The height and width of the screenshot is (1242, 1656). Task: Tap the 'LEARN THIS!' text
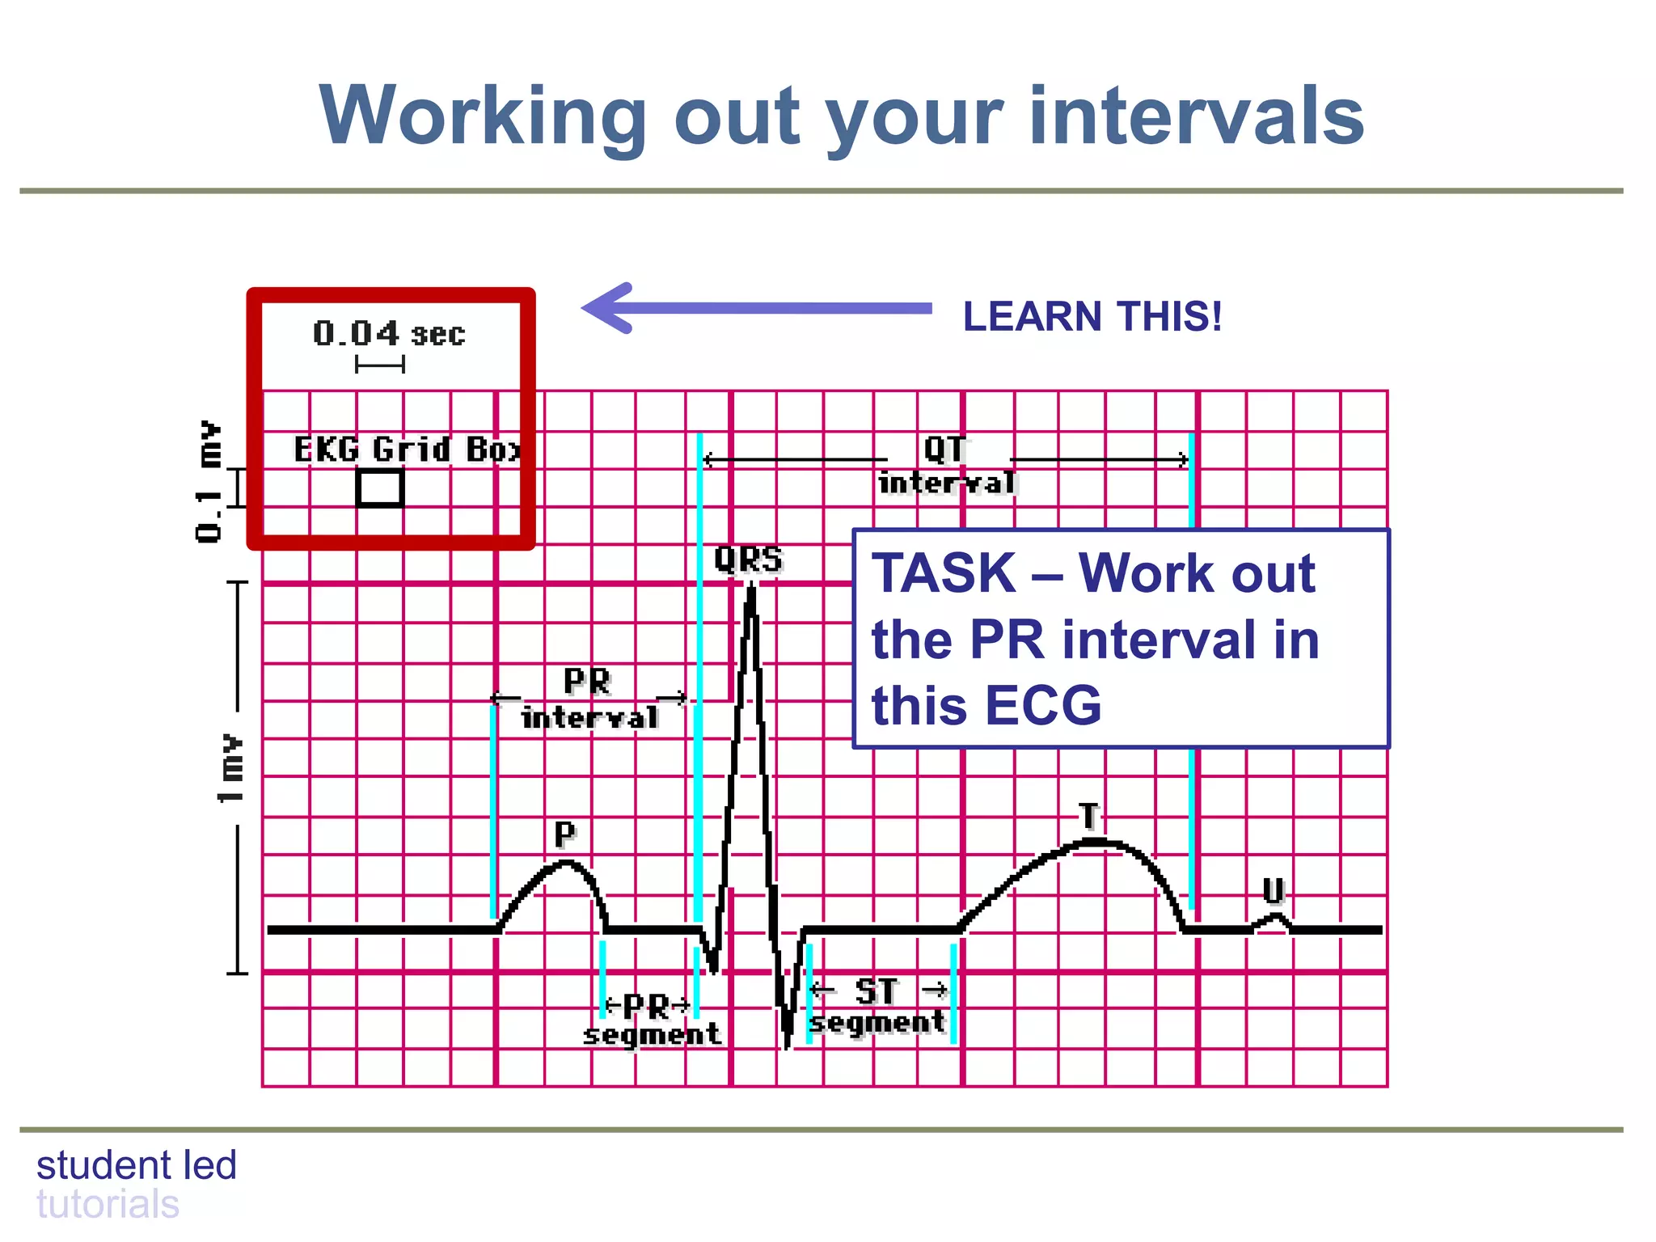(1092, 316)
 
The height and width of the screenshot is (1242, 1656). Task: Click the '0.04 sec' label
(389, 333)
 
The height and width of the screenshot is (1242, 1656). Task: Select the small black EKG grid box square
(380, 488)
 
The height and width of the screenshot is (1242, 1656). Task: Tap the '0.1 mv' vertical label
(209, 481)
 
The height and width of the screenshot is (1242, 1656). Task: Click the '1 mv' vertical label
(230, 768)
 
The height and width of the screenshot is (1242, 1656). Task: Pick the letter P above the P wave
(564, 834)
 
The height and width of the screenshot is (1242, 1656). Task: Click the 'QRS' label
(749, 560)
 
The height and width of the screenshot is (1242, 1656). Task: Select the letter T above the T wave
(1089, 816)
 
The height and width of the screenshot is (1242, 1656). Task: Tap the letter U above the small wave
(1274, 890)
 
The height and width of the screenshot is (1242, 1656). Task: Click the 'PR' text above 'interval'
(587, 681)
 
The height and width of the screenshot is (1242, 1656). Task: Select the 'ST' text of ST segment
(876, 991)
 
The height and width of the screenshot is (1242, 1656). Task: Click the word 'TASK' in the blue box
(944, 573)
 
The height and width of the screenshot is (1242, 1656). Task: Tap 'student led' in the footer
(137, 1165)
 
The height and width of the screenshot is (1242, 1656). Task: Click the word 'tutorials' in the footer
(108, 1204)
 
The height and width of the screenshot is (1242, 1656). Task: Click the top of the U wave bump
(1276, 916)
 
